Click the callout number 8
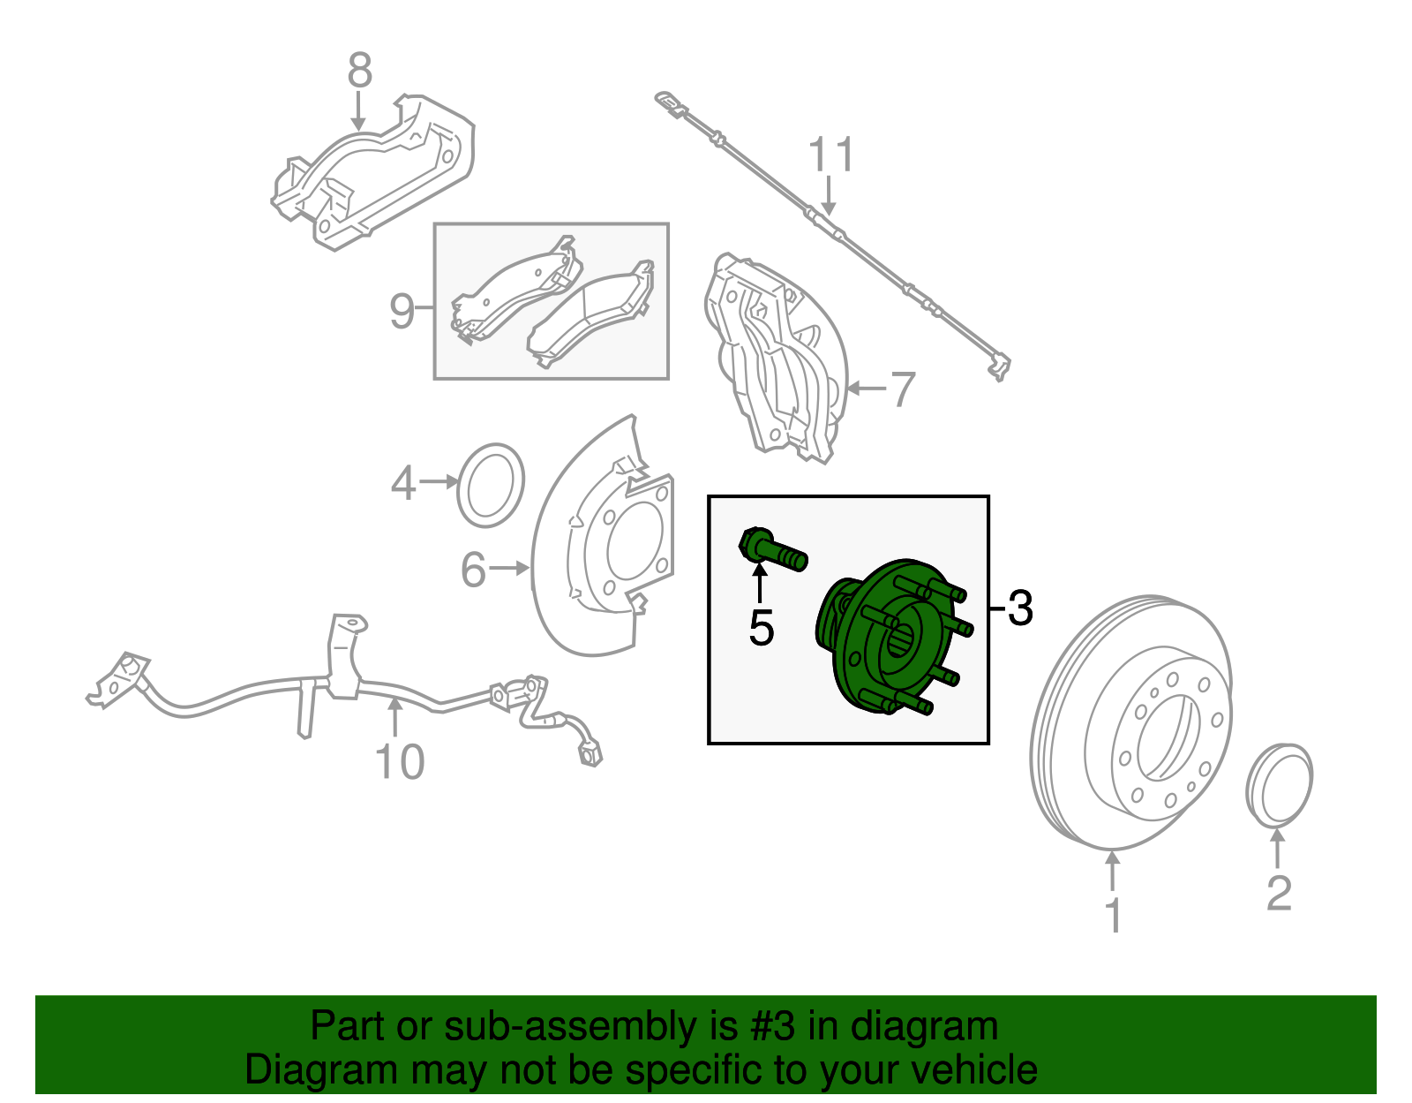coord(359,71)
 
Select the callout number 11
coord(830,155)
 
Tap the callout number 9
coord(402,311)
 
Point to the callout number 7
coord(902,389)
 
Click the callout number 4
coord(403,483)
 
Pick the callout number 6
coord(474,570)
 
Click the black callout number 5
coord(760,628)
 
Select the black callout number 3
coord(1019,608)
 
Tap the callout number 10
coord(400,761)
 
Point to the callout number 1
coord(1114,915)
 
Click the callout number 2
coord(1279,893)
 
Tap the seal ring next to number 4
coord(491,486)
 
